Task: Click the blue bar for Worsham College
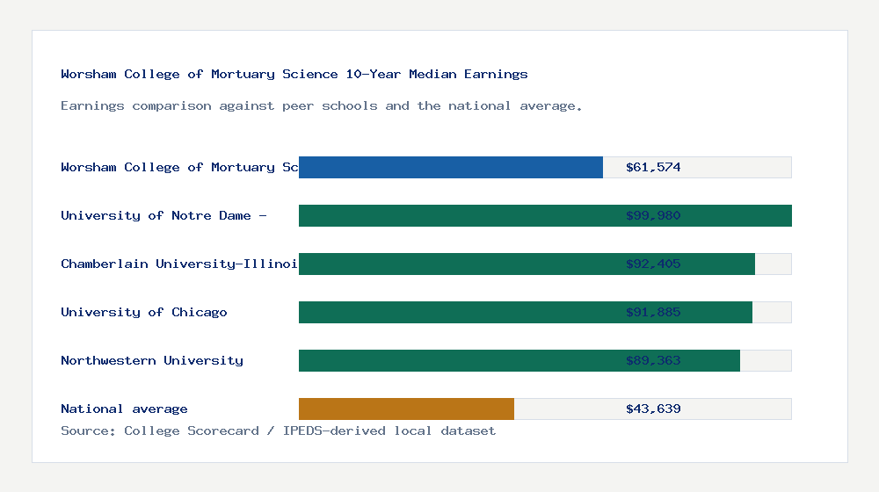coord(450,167)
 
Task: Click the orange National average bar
coord(406,409)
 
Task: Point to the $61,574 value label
coord(653,167)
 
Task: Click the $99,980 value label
coord(653,215)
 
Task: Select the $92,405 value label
coord(653,264)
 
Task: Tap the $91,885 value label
coord(653,312)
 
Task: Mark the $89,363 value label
coord(653,360)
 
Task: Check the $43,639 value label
coord(653,409)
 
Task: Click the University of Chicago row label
coord(144,312)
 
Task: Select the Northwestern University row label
coord(152,360)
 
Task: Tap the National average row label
coord(124,409)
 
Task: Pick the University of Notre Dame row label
coord(163,215)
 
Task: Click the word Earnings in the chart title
coord(496,74)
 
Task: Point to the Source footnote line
coord(278,430)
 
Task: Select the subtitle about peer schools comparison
coord(322,105)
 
